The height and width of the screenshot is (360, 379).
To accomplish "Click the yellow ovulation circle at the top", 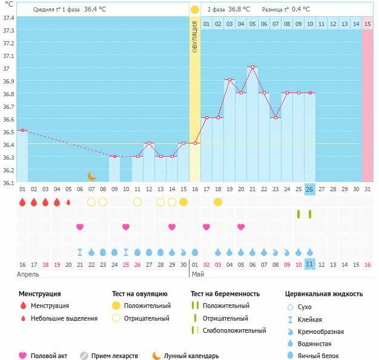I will point(194,10).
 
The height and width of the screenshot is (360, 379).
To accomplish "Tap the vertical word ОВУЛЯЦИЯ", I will point(195,37).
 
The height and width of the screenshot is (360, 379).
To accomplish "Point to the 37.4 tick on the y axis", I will point(8,18).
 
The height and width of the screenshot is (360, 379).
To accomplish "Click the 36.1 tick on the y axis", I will point(8,182).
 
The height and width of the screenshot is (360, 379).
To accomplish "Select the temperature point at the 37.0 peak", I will point(252,67).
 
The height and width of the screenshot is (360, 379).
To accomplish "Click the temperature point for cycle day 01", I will point(22,130).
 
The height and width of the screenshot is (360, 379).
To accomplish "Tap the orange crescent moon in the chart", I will point(91,176).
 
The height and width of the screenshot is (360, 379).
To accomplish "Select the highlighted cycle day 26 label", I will point(309,189).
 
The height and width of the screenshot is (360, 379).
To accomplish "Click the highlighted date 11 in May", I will point(309,264).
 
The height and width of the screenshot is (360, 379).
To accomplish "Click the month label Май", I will point(198,274).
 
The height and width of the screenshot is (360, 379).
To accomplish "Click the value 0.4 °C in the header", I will point(301,10).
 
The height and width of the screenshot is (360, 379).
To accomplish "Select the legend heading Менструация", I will point(39,294).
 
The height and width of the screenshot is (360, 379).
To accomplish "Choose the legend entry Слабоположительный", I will point(234,330).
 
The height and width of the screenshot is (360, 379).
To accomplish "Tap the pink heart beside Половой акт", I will point(22,356).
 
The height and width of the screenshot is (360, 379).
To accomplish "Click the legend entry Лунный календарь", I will point(191,356).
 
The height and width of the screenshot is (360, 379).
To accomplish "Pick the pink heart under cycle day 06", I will point(80,227).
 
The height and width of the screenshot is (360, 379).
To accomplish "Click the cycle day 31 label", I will point(367,189).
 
